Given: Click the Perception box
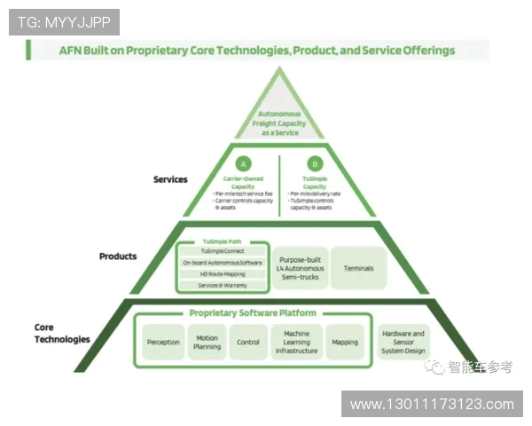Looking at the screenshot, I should click(162, 342).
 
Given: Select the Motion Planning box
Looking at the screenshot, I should click(207, 342).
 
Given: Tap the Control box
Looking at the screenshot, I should click(247, 342).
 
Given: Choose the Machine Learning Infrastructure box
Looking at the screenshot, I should click(296, 342).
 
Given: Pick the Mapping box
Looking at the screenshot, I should click(344, 342).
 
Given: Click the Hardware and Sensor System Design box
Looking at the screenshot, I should click(403, 342).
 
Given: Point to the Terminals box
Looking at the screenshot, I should click(358, 268).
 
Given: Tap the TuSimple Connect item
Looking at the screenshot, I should click(222, 251).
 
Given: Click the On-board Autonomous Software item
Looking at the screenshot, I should click(222, 263).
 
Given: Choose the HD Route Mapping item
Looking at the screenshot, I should click(222, 274).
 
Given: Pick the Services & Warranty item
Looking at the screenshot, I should click(222, 285).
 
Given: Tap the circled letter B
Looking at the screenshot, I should click(315, 163).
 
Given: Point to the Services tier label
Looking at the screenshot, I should click(170, 179).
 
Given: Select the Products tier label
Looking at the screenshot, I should click(118, 256).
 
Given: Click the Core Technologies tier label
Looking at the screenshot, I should click(62, 333).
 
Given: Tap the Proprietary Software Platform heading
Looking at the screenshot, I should click(252, 313).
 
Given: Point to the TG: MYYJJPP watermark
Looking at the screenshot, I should click(64, 22).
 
